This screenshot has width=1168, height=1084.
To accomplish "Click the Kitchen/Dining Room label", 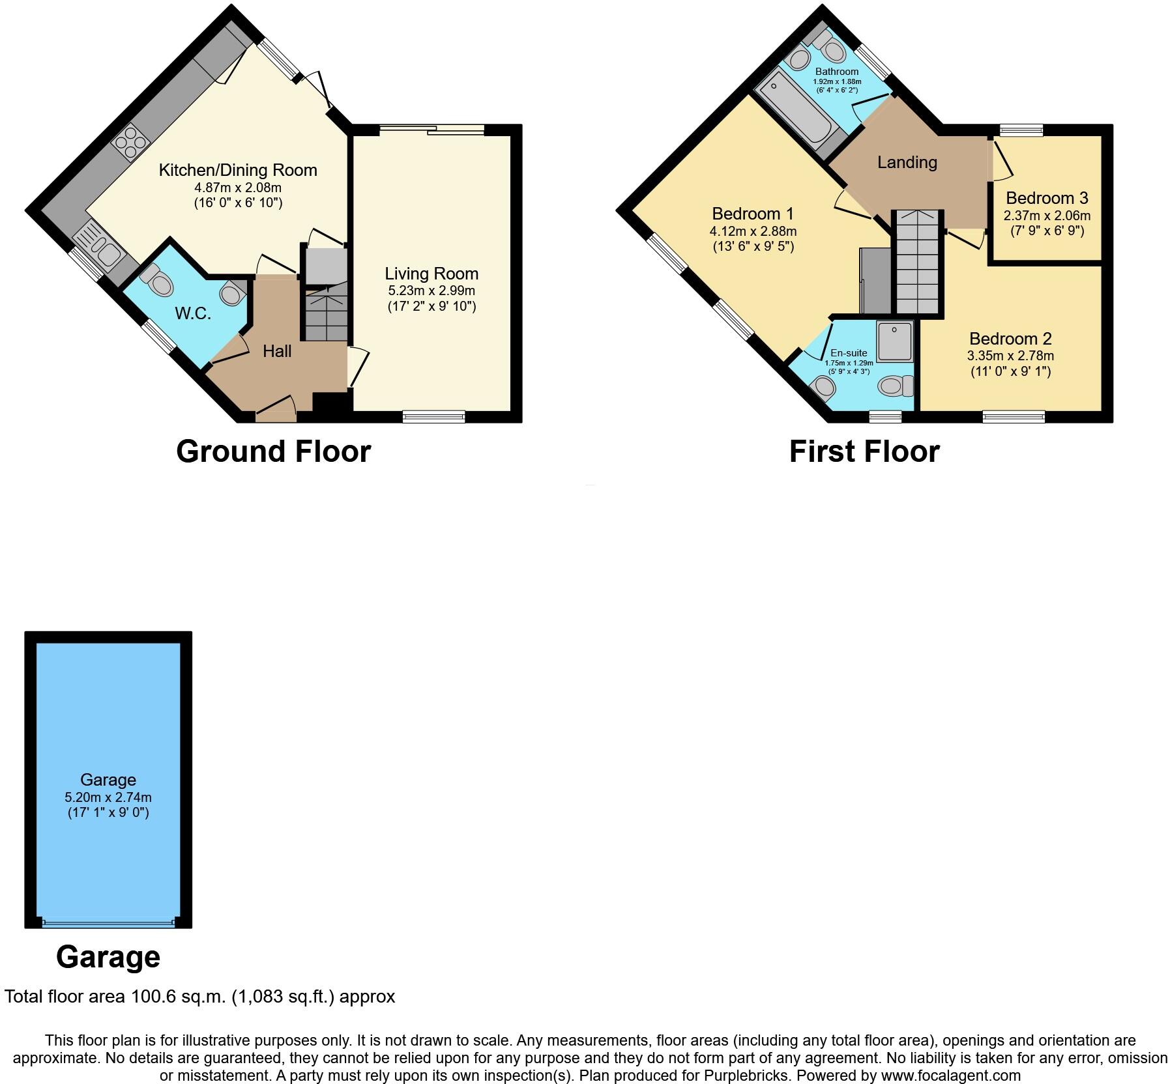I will tap(238, 171).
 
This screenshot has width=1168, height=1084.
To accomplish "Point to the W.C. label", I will tap(193, 313).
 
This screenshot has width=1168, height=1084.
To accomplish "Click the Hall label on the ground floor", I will tap(277, 352).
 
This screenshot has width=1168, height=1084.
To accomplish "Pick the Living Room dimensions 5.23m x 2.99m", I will tap(431, 291).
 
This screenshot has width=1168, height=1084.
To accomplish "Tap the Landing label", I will tap(907, 162).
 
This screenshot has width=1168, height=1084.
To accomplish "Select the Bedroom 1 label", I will tap(753, 214).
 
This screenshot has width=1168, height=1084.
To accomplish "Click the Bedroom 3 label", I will tap(1047, 198).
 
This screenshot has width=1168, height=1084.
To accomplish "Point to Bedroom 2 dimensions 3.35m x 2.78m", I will tap(1010, 356).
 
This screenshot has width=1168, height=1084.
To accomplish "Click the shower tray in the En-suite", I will tap(895, 341).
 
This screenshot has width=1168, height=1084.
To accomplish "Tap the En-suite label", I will tap(849, 353).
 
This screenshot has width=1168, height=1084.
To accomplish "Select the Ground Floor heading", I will tap(273, 451).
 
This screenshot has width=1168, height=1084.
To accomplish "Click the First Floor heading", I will tap(864, 451).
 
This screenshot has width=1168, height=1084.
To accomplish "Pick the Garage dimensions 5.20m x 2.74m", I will tap(108, 797).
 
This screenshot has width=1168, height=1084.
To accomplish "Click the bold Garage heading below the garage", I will tap(108, 957).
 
